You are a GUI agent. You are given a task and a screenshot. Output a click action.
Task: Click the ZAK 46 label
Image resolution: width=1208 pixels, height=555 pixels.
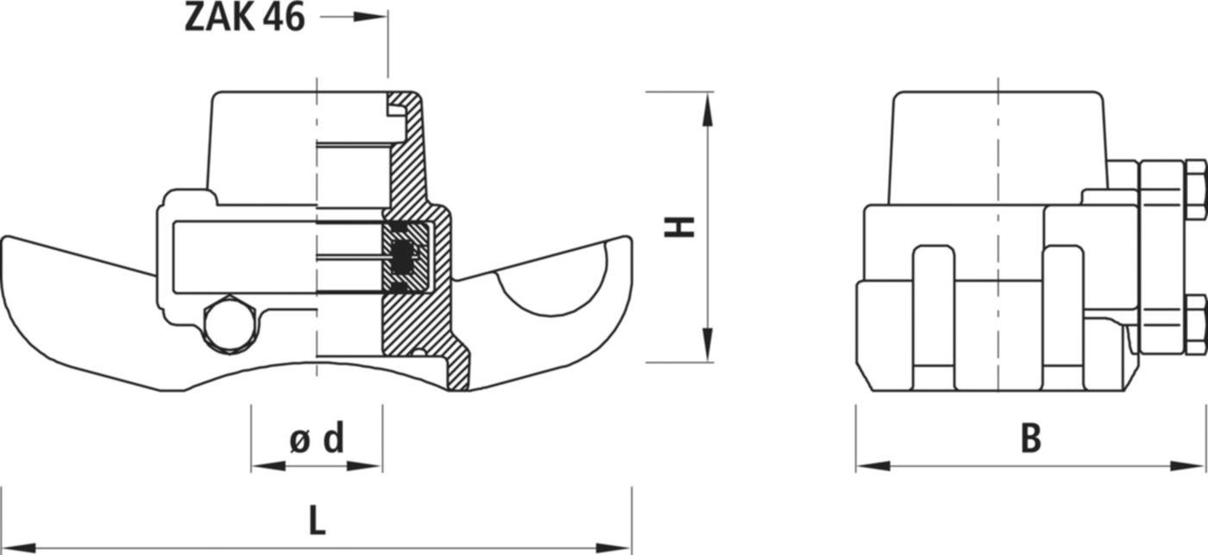(x=244, y=17)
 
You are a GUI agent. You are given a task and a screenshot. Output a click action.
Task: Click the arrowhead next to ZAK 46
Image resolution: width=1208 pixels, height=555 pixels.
(x=371, y=16)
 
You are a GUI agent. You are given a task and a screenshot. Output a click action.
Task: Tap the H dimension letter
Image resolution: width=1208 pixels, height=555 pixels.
(x=679, y=227)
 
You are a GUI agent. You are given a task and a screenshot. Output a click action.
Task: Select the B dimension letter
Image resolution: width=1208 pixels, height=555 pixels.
(x=1030, y=439)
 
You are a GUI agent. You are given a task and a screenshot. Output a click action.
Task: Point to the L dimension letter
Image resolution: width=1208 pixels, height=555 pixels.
(x=317, y=521)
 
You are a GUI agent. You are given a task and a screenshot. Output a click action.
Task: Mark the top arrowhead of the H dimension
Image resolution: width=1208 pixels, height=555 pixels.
(x=708, y=108)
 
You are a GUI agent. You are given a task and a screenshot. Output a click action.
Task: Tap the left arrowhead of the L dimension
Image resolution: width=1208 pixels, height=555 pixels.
(x=17, y=547)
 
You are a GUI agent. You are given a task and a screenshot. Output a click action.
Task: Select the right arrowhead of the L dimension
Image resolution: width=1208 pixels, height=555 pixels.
(x=616, y=547)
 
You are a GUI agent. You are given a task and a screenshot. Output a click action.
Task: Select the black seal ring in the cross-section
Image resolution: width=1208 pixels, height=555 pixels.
(x=402, y=256)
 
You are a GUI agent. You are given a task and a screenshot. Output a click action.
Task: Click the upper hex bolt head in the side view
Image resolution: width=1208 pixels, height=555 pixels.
(x=1194, y=188)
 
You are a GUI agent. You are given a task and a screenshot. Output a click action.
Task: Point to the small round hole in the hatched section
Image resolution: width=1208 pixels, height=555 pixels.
(x=418, y=352)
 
